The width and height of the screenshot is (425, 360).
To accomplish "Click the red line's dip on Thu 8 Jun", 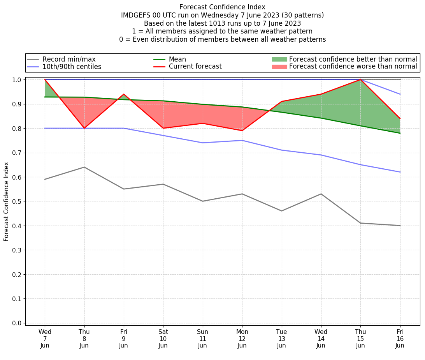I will [84, 128].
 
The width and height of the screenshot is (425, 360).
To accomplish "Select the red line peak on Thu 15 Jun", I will [360, 79].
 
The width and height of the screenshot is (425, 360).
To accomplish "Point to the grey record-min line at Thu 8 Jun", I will [84, 167].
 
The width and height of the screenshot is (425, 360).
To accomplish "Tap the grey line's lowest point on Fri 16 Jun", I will [400, 226].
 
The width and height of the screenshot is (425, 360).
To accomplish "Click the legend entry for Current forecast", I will [195, 67].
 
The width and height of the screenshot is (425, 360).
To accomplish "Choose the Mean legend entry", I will [177, 59].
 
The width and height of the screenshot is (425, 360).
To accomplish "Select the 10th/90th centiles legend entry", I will [72, 67].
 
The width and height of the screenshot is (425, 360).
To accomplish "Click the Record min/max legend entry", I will [69, 59].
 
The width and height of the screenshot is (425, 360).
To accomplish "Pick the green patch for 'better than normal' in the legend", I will [279, 59].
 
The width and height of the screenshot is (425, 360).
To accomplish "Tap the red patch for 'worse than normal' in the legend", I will [279, 67].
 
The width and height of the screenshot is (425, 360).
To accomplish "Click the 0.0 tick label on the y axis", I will [17, 323].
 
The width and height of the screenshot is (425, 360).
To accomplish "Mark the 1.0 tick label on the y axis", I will [17, 79].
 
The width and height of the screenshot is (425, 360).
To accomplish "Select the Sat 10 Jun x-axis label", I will [163, 338].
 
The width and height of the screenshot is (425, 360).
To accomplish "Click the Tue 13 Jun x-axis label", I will [281, 338].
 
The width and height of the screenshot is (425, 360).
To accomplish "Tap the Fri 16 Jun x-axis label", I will [400, 338].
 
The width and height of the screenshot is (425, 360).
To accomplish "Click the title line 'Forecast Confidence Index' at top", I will [222, 7].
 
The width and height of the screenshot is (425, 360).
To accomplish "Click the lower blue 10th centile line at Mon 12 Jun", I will [242, 140].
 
